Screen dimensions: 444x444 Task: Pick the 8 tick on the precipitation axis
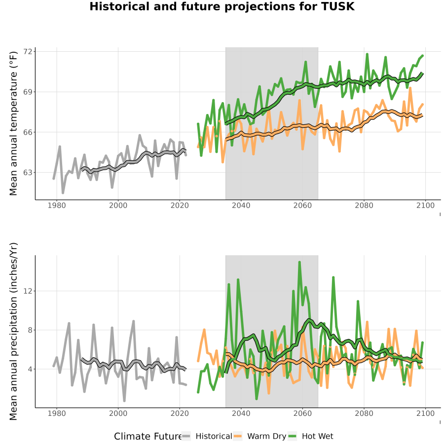coord(30,330)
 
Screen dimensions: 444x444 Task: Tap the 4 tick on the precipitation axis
coord(30,369)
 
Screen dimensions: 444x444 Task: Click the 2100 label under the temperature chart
coord(425,205)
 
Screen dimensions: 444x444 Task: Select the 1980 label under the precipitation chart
coord(57,413)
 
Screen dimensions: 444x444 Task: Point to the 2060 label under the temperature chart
coord(302,205)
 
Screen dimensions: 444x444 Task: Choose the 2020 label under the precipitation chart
coord(180,413)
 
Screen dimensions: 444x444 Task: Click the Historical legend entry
coord(214,437)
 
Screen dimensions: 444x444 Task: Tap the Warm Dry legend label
coord(267,437)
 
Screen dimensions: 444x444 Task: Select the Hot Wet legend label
coord(317,437)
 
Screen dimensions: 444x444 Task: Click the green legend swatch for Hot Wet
coord(292,437)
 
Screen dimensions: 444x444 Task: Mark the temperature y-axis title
coord(13,123)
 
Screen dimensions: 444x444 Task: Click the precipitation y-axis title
coord(13,332)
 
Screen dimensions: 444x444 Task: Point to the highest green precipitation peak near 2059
coord(299,262)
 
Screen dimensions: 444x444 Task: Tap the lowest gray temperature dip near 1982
coord(63,193)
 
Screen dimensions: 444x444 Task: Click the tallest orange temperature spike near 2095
coord(410,88)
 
